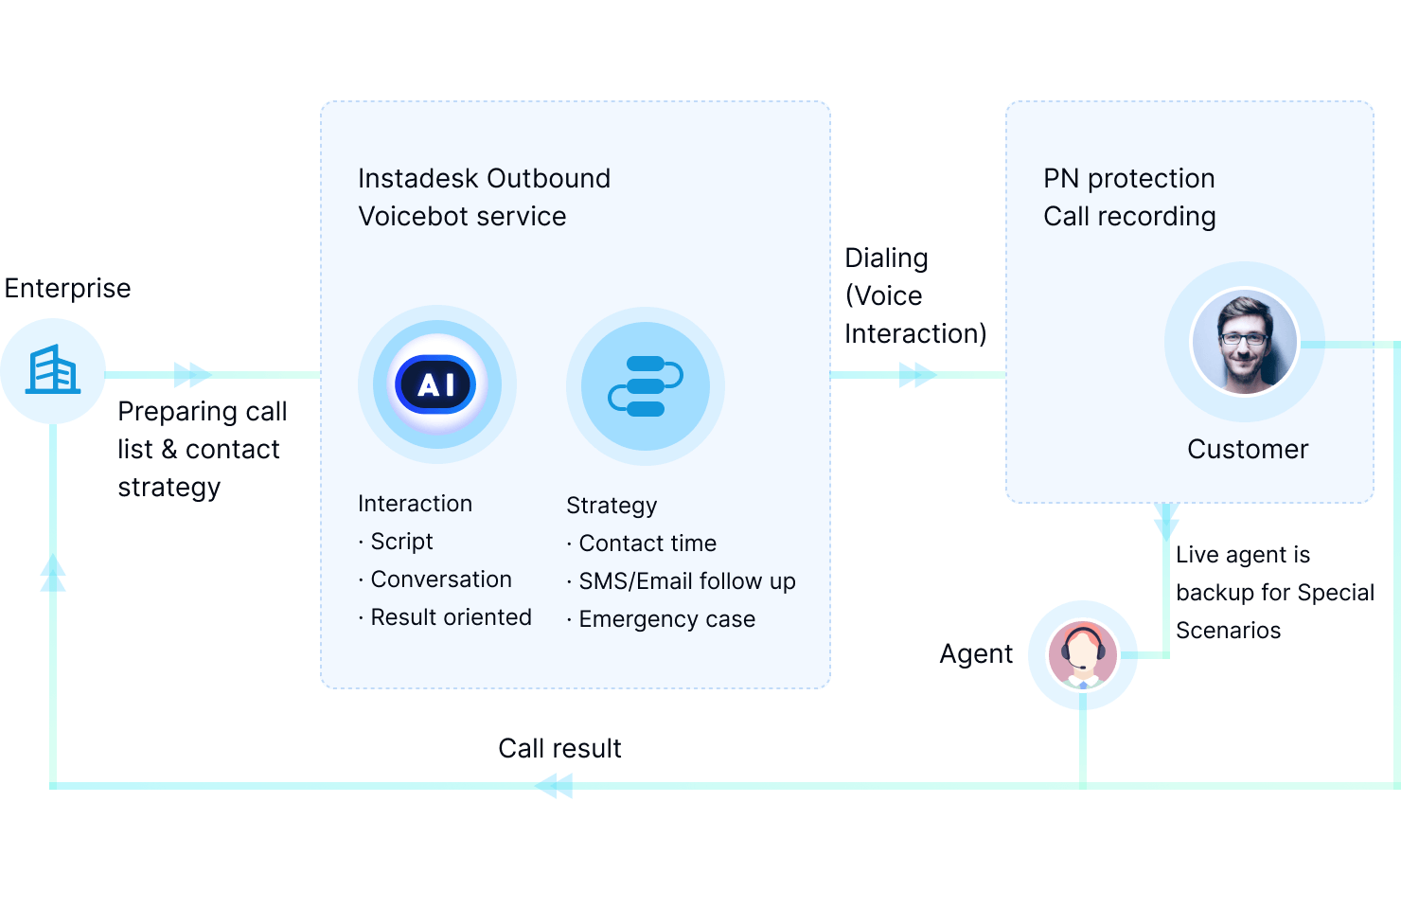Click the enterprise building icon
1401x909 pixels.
[x=53, y=370]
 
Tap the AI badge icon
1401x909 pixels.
[x=436, y=384]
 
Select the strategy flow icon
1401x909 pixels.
[x=646, y=385]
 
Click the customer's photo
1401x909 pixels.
[x=1244, y=341]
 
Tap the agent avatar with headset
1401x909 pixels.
[x=1082, y=654]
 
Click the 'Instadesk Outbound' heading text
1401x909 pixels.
[x=484, y=178]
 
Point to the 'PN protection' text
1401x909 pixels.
[x=1128, y=178]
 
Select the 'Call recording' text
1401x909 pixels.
[x=1129, y=216]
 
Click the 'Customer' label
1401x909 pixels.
[x=1248, y=449]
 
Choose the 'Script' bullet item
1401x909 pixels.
[x=400, y=542]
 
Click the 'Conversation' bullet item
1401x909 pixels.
[x=440, y=579]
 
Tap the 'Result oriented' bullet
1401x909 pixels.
[x=450, y=617]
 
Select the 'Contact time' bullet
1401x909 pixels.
[x=647, y=544]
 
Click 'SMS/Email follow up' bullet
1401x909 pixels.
[x=686, y=581]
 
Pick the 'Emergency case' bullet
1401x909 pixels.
[x=666, y=619]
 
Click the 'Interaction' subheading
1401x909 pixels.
[x=415, y=504]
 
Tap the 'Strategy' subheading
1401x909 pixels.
[x=612, y=506]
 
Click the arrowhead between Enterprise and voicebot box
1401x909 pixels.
[x=191, y=375]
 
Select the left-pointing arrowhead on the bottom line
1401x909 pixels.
[x=556, y=785]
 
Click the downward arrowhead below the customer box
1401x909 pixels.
[x=1166, y=520]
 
